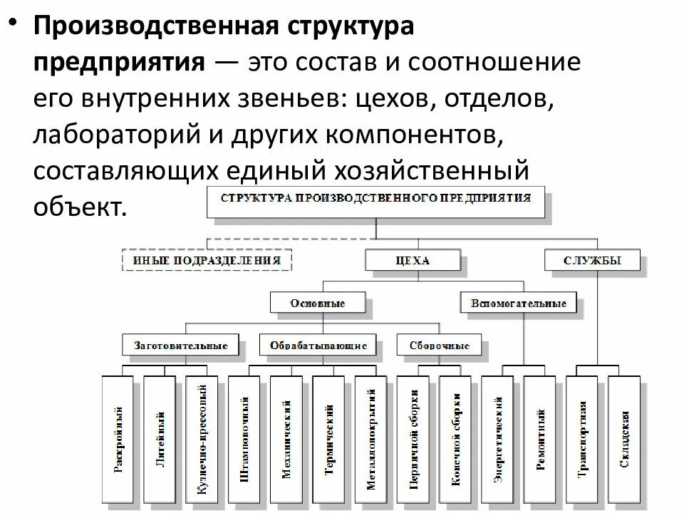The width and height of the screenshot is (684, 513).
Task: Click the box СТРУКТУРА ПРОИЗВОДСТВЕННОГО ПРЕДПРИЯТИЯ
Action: (376, 199)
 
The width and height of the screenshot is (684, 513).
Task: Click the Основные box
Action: (318, 303)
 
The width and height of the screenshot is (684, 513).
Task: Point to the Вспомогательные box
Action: (518, 303)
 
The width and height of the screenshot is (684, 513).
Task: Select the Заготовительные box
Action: (181, 346)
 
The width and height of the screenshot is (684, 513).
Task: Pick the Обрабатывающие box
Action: (318, 346)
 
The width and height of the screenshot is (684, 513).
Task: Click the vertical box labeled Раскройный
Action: (120, 439)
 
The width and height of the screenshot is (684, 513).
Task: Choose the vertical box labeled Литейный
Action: (161, 439)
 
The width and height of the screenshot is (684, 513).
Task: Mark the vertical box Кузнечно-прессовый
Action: (202, 439)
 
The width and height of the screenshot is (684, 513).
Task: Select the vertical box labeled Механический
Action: (287, 439)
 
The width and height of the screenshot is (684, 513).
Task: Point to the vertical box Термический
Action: (329, 439)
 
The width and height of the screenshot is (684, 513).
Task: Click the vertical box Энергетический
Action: (498, 439)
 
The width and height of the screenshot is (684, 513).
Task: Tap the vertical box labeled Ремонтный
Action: (540, 439)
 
